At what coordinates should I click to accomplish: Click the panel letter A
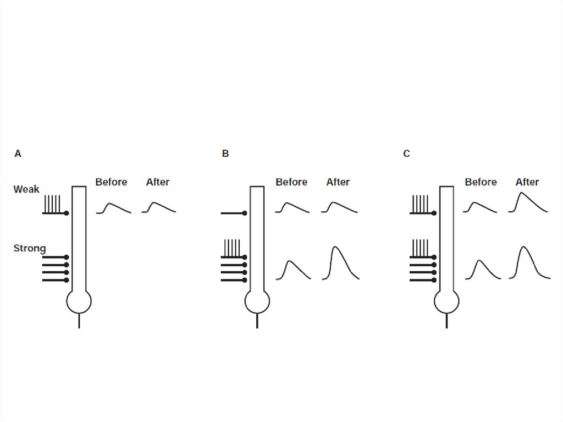(18, 154)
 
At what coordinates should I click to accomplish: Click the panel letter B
(225, 154)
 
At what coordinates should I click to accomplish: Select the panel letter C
(406, 154)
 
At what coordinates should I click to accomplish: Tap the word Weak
(26, 189)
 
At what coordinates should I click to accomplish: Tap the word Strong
(30, 249)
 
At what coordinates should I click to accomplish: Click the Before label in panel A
(111, 182)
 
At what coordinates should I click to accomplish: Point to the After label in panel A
(158, 182)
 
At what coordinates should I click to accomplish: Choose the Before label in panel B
(291, 182)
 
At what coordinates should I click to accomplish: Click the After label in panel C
(527, 182)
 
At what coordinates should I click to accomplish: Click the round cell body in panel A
(79, 302)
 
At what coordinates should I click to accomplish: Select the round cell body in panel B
(257, 302)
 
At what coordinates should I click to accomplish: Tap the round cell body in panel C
(446, 302)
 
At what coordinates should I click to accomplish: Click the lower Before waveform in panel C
(482, 270)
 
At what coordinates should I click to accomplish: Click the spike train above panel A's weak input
(53, 204)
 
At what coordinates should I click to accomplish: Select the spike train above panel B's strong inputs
(231, 248)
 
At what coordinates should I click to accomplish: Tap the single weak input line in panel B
(233, 213)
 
